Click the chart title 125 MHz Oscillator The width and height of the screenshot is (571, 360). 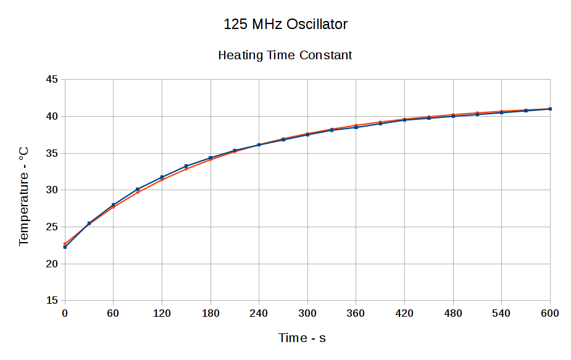pyautogui.click(x=285, y=25)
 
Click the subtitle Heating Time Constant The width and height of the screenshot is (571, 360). pyautogui.click(x=285, y=55)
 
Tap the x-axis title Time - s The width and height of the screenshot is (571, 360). pyautogui.click(x=302, y=338)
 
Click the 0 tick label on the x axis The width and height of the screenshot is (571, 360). pyautogui.click(x=65, y=314)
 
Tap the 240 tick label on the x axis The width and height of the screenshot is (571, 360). pyautogui.click(x=259, y=314)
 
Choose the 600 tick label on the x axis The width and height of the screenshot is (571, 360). pyautogui.click(x=549, y=314)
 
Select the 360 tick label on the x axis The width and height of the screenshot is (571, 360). pyautogui.click(x=356, y=314)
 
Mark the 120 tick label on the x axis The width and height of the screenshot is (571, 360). pyautogui.click(x=162, y=314)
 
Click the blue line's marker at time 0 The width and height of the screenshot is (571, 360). pyautogui.click(x=65, y=247)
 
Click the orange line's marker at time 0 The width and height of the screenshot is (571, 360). pyautogui.click(x=65, y=244)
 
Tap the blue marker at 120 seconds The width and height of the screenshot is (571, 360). pyautogui.click(x=162, y=177)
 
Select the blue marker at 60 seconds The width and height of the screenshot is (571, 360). pyautogui.click(x=114, y=204)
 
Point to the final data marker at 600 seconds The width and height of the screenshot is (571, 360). pyautogui.click(x=549, y=109)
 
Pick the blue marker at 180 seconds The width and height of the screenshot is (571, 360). pyautogui.click(x=210, y=157)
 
